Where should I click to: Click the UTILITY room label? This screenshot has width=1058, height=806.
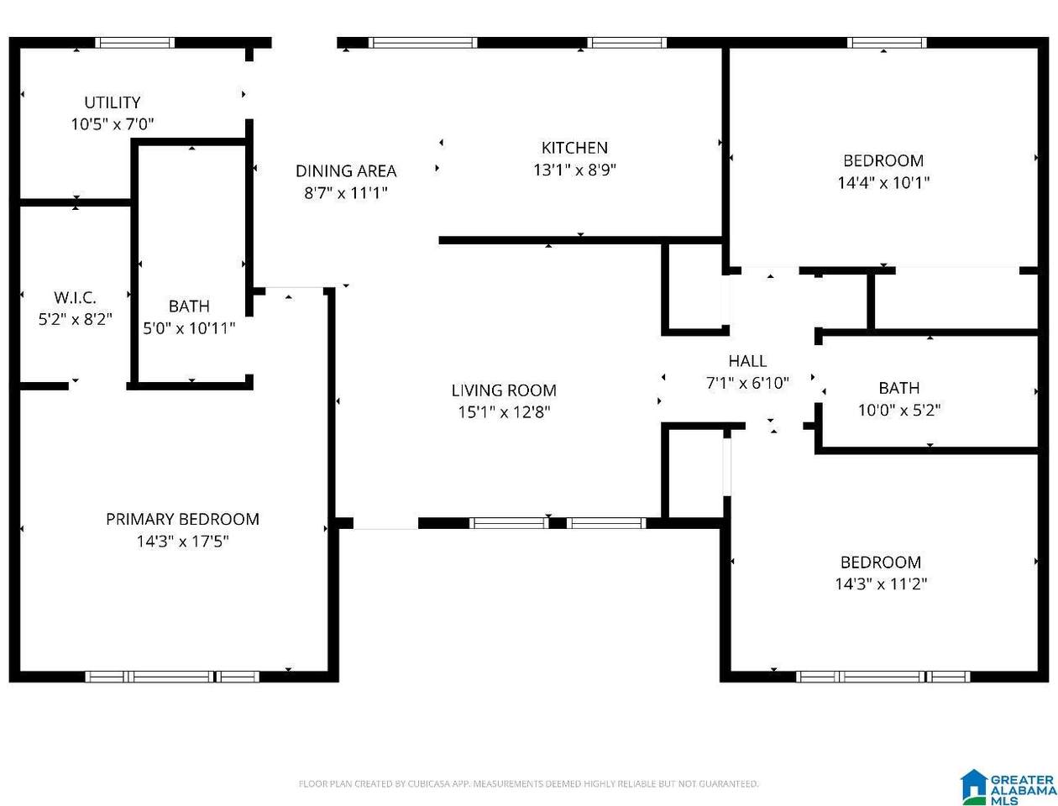click(113, 102)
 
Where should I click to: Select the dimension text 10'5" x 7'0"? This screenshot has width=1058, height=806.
click(113, 124)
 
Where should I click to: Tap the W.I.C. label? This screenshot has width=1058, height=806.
click(75, 297)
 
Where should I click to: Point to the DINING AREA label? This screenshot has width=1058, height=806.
click(346, 171)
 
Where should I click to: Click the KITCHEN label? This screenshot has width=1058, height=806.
click(574, 148)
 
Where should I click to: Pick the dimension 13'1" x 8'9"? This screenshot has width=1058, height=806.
click(574, 170)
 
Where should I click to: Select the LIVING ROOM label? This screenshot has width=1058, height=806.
click(504, 390)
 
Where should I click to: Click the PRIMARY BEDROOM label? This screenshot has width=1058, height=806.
click(182, 519)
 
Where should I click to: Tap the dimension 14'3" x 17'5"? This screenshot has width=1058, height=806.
click(182, 541)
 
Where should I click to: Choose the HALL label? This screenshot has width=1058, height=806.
click(747, 361)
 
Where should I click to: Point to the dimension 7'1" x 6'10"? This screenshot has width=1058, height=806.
click(747, 383)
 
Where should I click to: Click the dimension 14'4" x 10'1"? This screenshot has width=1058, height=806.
click(883, 182)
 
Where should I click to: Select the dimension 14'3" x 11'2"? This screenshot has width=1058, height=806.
click(881, 584)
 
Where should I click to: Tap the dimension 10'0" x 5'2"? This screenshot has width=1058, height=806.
click(899, 410)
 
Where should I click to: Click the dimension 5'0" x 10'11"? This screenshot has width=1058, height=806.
click(189, 328)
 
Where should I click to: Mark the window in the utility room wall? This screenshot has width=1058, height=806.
click(135, 43)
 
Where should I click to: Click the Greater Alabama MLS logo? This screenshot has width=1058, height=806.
click(1008, 787)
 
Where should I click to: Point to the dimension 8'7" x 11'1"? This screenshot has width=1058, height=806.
click(346, 193)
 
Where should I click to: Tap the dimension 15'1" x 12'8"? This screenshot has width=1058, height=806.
click(504, 412)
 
